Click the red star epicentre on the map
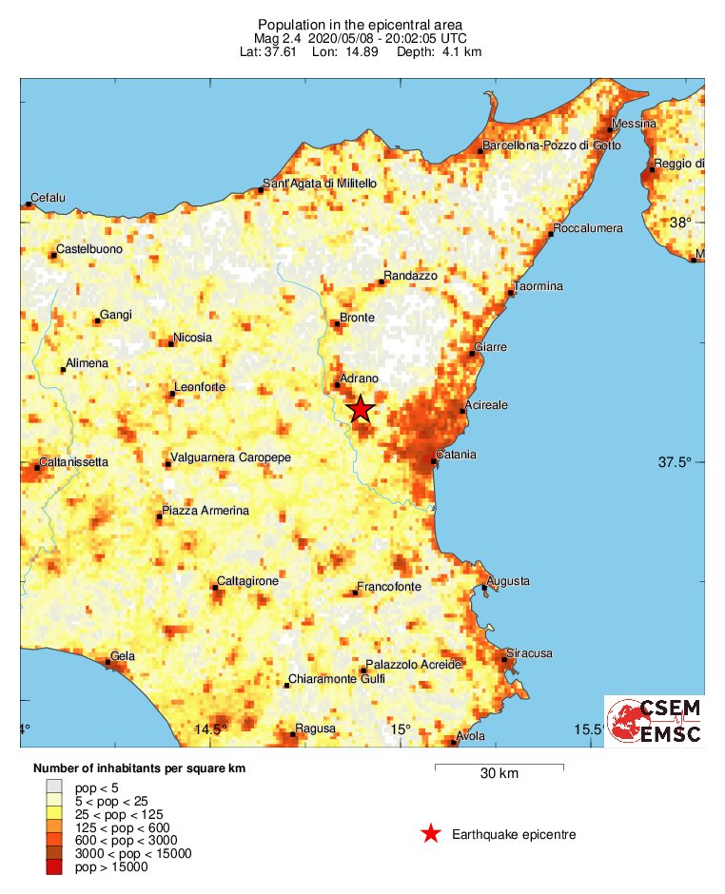coord(361,409)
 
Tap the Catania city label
coord(456,455)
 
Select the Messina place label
coord(635,124)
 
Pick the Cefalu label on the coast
coord(48,198)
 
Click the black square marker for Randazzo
coord(382,282)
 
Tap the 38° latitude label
coord(680,223)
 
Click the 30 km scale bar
coord(499,766)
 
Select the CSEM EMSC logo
coord(655,722)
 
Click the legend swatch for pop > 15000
coord(54,866)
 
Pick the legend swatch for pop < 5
coord(54,787)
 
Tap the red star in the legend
coord(431,834)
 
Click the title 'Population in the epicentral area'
coord(362,23)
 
